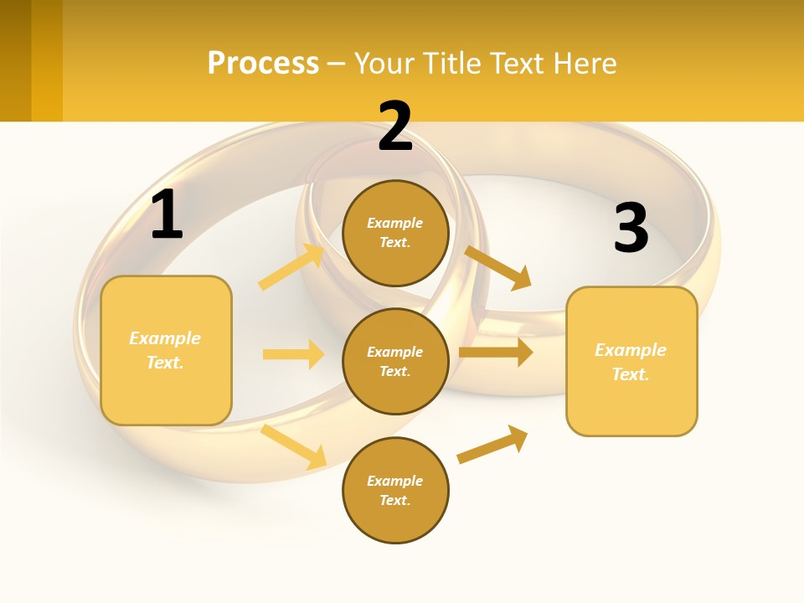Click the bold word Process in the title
(263, 64)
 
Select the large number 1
(167, 215)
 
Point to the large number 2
(395, 126)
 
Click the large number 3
(631, 228)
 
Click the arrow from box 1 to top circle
(291, 267)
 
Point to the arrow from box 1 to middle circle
(293, 354)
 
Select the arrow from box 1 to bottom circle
(294, 446)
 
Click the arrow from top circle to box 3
(498, 267)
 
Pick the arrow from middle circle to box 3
(496, 352)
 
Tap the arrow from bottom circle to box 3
(492, 445)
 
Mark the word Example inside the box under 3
(631, 350)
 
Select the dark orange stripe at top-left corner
(15, 60)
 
